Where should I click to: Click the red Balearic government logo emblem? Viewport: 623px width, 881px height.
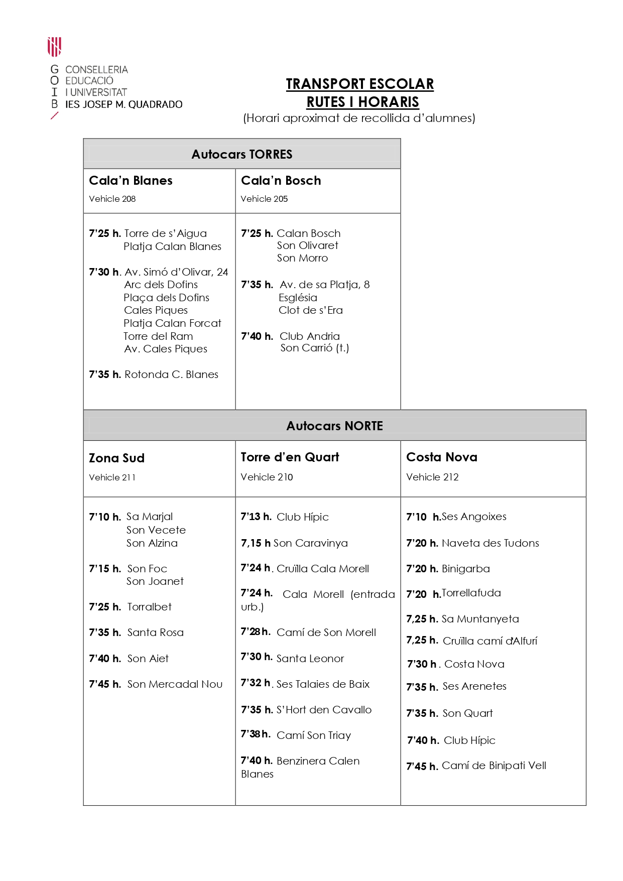[54, 47]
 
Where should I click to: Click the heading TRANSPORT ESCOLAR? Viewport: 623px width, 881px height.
[359, 84]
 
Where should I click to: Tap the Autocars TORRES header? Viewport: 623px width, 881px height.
[241, 154]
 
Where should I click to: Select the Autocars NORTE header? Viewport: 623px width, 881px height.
[334, 426]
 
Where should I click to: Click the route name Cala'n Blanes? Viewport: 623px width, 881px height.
[131, 181]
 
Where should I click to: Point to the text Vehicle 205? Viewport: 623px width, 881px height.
[264, 199]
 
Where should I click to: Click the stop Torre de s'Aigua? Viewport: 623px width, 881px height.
[165, 233]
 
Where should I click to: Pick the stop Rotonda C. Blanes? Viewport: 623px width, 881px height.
[171, 374]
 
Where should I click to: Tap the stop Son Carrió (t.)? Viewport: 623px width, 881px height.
[314, 348]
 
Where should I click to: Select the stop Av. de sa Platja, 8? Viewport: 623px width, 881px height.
[324, 285]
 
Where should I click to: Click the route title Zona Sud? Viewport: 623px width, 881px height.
[116, 458]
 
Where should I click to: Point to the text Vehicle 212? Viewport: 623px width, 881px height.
[432, 477]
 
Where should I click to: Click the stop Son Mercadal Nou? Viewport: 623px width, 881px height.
[175, 684]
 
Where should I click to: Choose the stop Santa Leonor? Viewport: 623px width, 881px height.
[310, 659]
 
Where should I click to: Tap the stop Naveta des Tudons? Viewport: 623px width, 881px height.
[490, 543]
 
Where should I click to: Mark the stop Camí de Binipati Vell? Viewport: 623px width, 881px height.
[494, 766]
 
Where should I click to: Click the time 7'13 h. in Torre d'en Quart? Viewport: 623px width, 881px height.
[256, 517]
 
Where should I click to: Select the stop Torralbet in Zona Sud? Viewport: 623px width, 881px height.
[149, 607]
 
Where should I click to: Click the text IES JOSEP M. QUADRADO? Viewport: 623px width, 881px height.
[123, 104]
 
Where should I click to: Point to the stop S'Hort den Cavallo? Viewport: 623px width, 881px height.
[324, 710]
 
